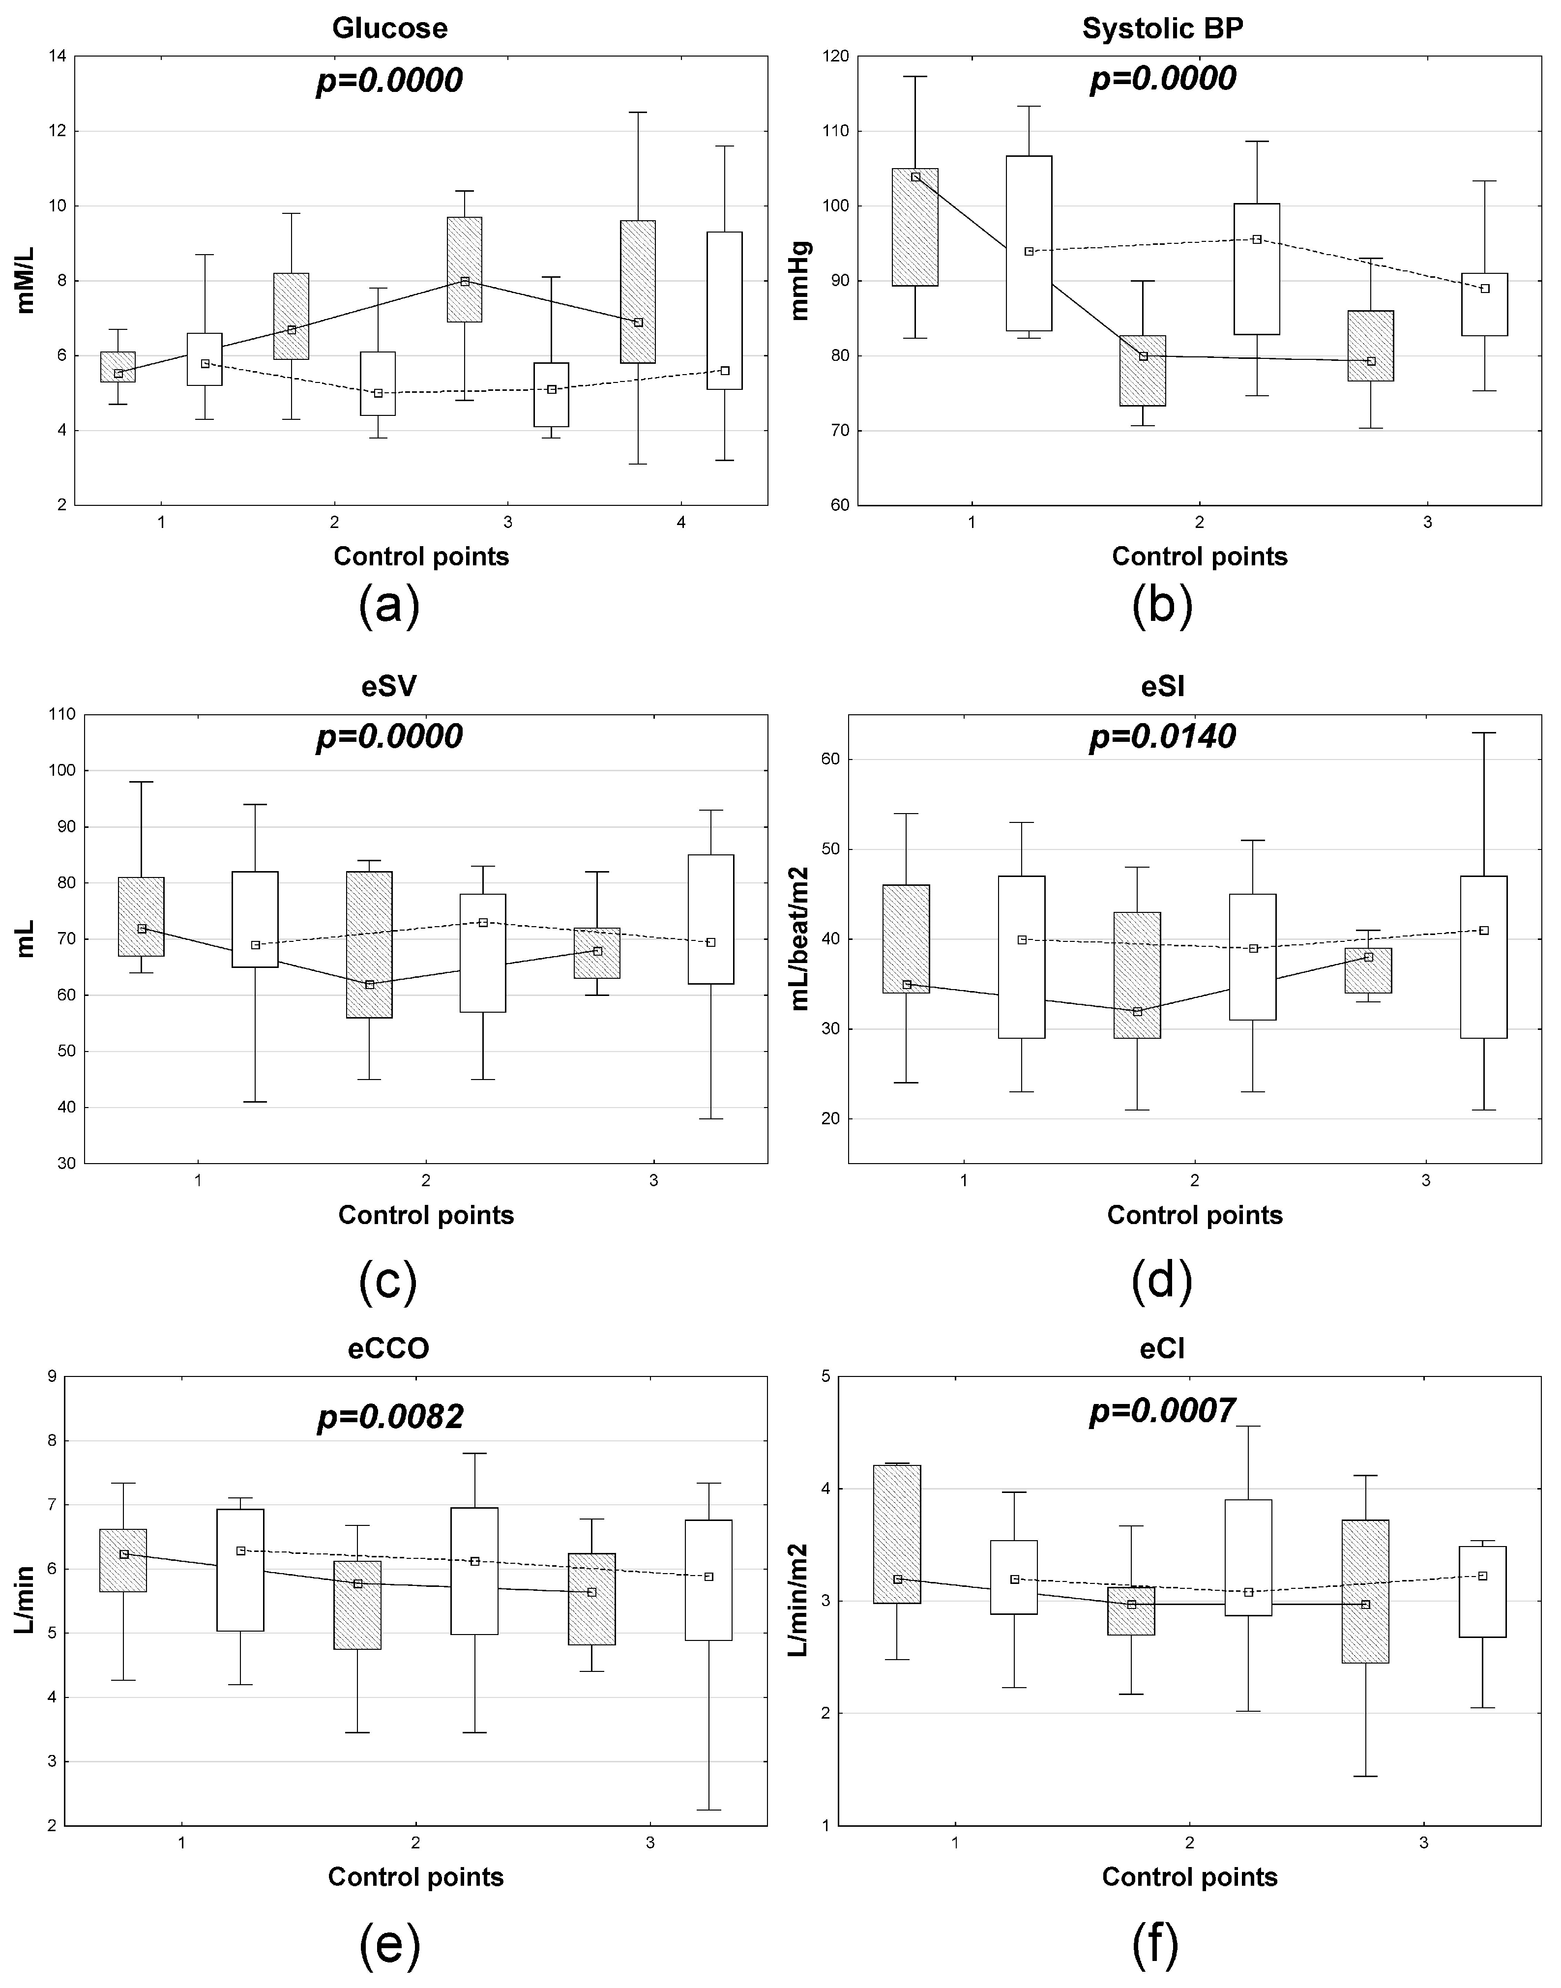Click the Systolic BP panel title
pyautogui.click(x=1163, y=29)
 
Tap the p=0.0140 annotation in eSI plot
pyautogui.click(x=1163, y=736)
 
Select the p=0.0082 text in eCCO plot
pyautogui.click(x=390, y=1417)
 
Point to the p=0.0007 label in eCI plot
pyautogui.click(x=1163, y=1411)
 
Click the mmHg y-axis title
pyautogui.click(x=801, y=281)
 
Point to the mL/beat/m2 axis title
pyautogui.click(x=801, y=938)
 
